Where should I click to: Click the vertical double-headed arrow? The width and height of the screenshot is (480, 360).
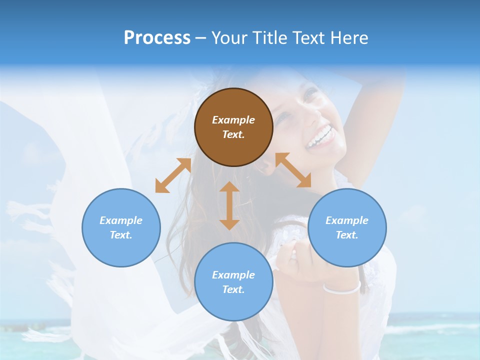(x=229, y=205)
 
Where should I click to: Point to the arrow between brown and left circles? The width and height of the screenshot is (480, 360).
(x=173, y=175)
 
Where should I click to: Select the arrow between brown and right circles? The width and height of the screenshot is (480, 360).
(x=293, y=170)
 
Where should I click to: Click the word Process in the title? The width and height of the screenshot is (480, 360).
(x=157, y=37)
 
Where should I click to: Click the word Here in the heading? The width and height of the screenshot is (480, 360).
(x=348, y=37)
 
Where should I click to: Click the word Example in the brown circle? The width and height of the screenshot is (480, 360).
(x=233, y=120)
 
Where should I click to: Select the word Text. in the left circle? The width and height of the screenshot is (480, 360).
(x=121, y=235)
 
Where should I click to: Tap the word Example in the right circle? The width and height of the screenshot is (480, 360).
(x=347, y=220)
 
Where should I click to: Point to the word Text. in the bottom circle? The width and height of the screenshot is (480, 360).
(x=233, y=289)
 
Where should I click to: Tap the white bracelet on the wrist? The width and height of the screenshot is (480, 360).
(x=342, y=288)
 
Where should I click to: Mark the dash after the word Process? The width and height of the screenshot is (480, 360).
(x=201, y=38)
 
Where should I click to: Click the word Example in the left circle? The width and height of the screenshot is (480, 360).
(x=121, y=220)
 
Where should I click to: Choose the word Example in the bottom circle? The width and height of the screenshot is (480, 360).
(x=233, y=275)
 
